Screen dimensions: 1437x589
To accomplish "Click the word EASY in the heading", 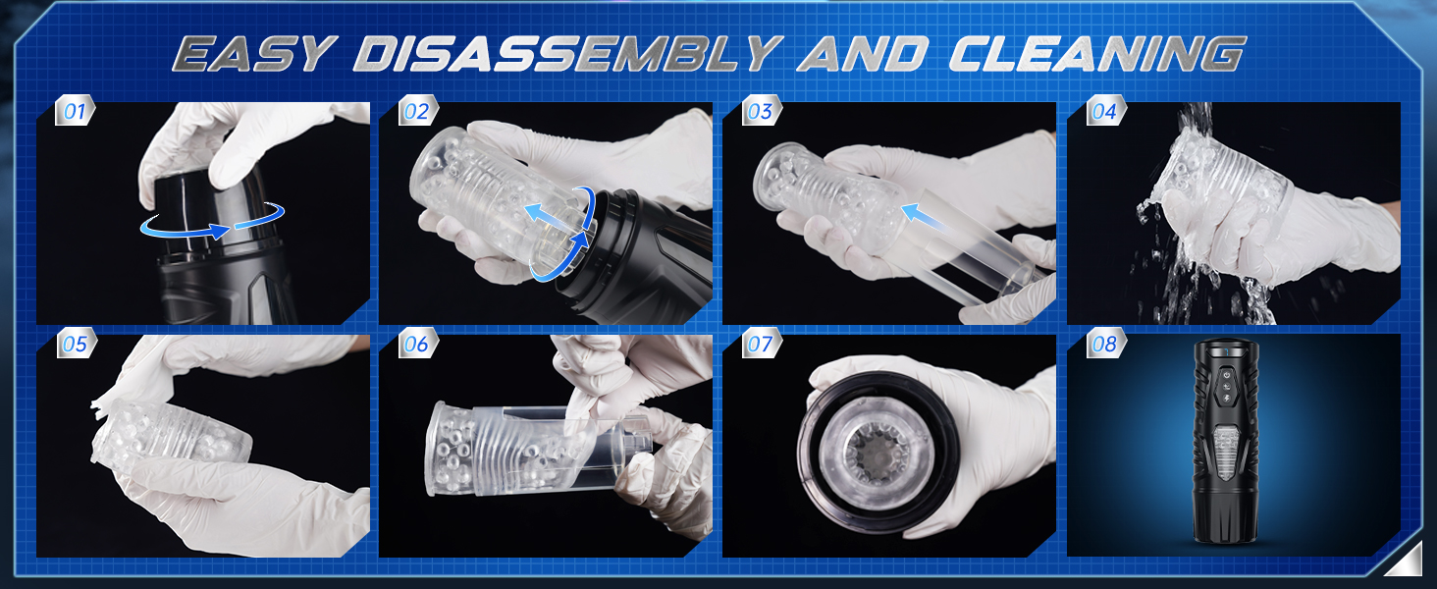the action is (x=255, y=53).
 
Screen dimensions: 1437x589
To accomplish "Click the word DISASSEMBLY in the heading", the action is (x=567, y=53).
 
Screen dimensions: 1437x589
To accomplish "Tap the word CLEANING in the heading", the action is (x=1097, y=53).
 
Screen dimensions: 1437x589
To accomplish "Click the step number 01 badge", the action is (x=75, y=110).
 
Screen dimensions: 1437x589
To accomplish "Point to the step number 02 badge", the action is (x=418, y=110).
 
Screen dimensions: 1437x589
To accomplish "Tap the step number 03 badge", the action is (x=762, y=110).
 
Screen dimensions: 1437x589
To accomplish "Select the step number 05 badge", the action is (x=76, y=343).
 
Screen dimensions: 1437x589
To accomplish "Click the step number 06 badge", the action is (x=418, y=343).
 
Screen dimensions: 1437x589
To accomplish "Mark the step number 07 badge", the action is (x=762, y=343).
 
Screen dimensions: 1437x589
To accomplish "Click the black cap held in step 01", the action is (x=212, y=205).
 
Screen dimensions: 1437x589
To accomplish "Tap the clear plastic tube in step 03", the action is (x=982, y=250).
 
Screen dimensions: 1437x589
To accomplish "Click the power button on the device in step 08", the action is (x=1225, y=374).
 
